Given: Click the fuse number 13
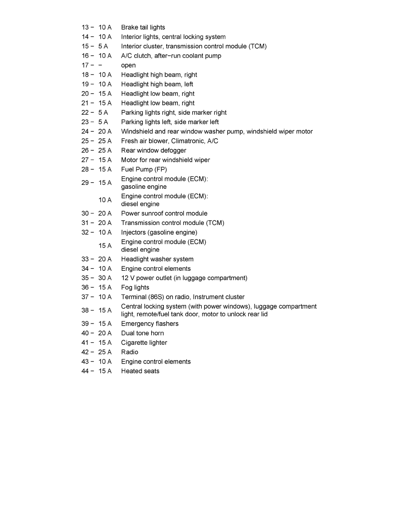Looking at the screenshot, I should (85, 27).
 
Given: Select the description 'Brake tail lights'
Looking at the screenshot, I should (143, 27).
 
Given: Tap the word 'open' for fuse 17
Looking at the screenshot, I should (128, 65).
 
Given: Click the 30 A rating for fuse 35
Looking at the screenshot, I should (105, 278).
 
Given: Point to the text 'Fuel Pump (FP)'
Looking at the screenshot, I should (144, 170).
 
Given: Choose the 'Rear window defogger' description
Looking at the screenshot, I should (153, 150).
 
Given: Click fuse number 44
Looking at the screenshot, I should (85, 371).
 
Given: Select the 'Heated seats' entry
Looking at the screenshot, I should (140, 371).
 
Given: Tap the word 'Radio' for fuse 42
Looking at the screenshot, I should (129, 352).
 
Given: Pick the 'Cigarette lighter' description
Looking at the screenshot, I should (144, 343).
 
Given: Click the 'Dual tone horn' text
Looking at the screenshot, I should (142, 333).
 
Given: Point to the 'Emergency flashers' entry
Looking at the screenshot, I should (149, 324).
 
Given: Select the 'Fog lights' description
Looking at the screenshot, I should (135, 287).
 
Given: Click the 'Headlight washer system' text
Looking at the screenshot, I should (157, 259).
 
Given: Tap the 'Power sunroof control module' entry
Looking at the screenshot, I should (164, 214).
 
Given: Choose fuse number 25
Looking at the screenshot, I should (85, 141).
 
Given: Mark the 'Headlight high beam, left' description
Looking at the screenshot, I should (157, 84).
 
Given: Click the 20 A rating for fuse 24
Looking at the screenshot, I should (105, 131).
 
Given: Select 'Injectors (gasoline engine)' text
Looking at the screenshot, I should (159, 232).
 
